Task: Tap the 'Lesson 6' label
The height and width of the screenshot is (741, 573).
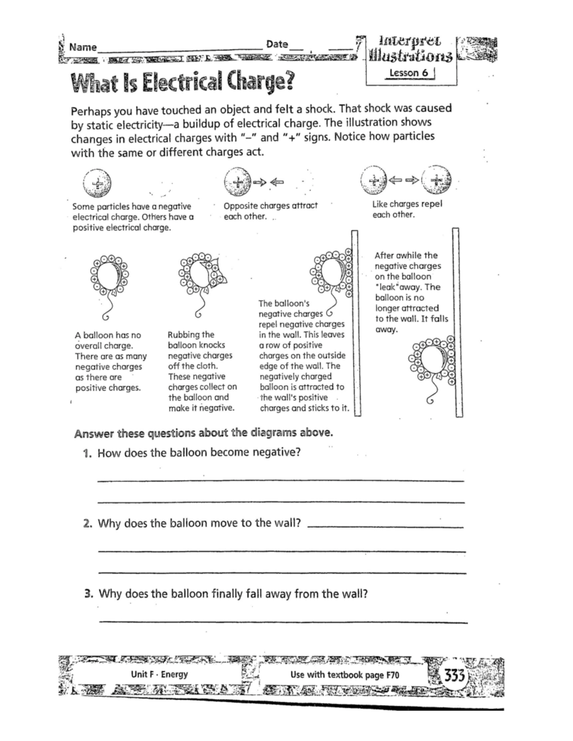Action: click(x=409, y=73)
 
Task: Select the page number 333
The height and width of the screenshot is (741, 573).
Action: click(x=455, y=676)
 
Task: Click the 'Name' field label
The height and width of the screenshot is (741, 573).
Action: click(x=83, y=47)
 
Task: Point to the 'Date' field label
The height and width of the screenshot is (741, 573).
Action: click(x=277, y=44)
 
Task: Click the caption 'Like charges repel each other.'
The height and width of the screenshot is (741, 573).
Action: click(x=407, y=209)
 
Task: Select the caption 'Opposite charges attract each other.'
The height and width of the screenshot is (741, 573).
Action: click(x=270, y=210)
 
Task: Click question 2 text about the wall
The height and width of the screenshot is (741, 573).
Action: click(x=199, y=523)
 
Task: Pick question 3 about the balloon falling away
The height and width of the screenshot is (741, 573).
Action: click(x=233, y=594)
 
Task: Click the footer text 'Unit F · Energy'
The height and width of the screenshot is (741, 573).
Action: click(x=159, y=674)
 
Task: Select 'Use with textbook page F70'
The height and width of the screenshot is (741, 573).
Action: click(x=344, y=675)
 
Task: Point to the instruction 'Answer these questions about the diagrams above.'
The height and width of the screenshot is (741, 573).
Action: click(x=203, y=433)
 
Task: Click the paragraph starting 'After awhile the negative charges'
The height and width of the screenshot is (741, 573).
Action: click(x=411, y=292)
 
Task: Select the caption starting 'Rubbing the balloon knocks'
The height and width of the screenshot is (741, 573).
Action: click(x=202, y=371)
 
